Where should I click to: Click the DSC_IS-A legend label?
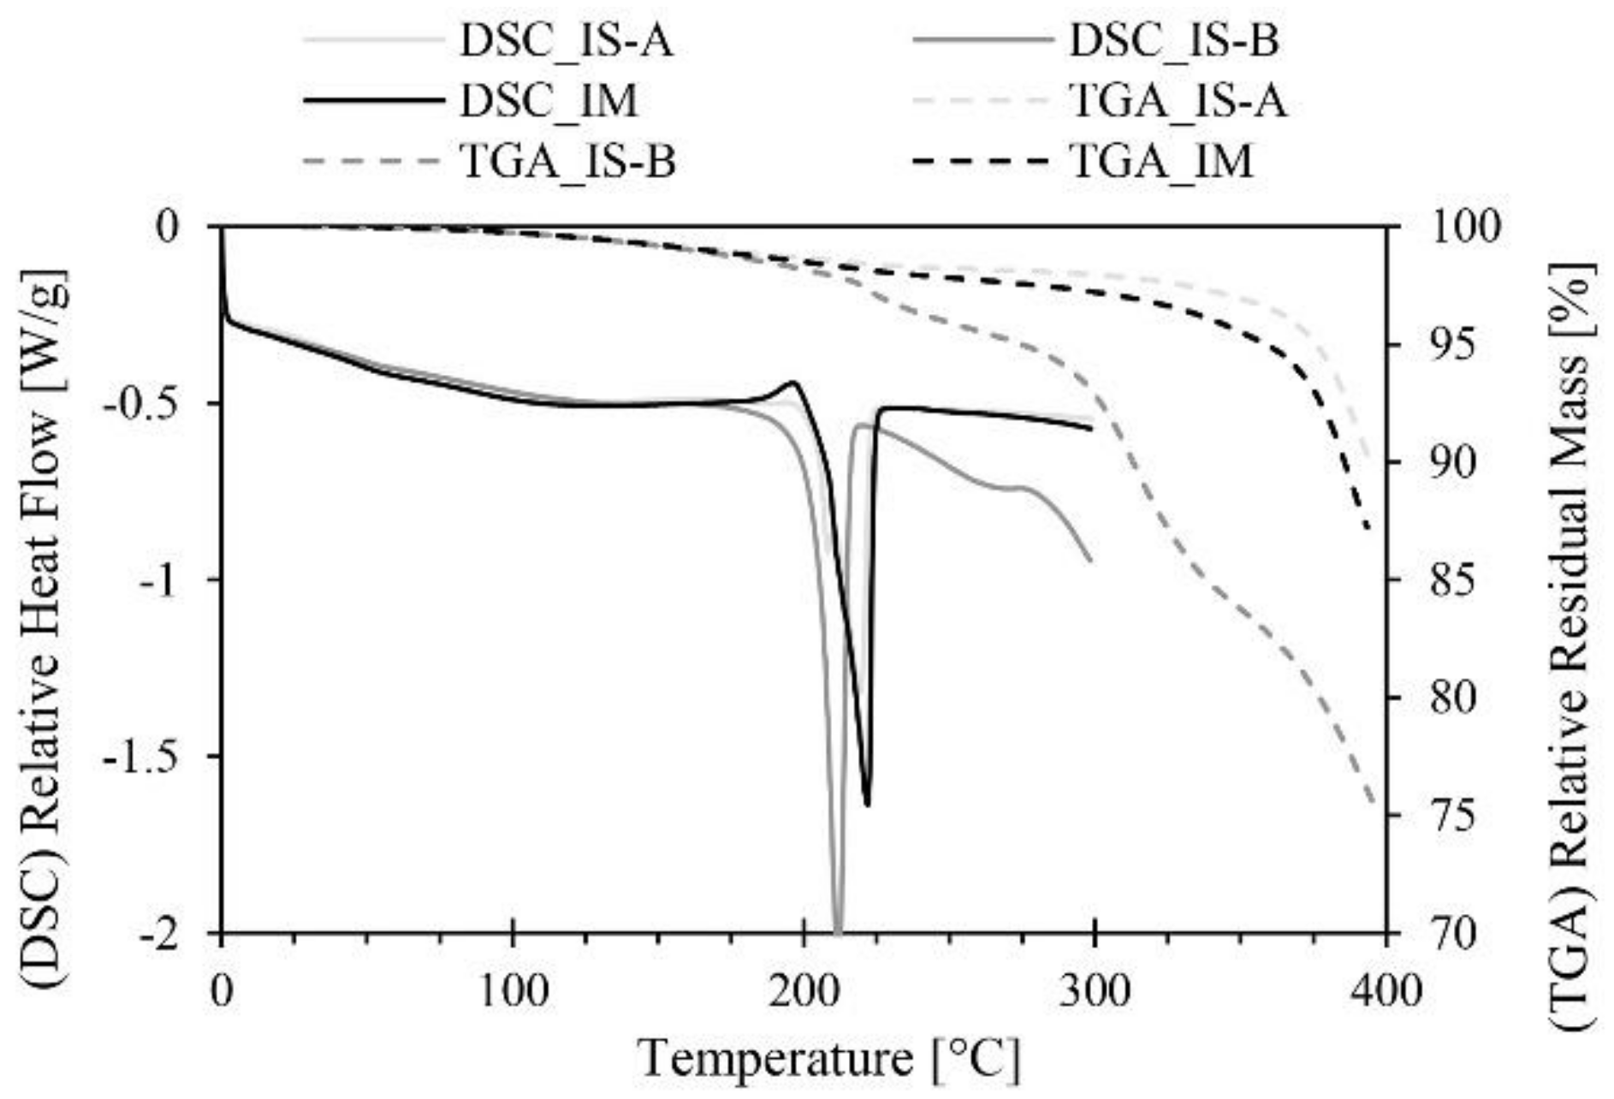point(566,41)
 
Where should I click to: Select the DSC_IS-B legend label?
point(1173,41)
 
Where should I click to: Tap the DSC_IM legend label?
point(549,101)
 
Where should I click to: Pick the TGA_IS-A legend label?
point(1178,101)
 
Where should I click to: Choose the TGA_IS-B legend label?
point(567,161)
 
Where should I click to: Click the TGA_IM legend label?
point(1161,161)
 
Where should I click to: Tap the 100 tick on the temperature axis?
point(512,991)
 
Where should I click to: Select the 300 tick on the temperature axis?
point(1094,991)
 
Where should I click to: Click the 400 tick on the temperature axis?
point(1385,991)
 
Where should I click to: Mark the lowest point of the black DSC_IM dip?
point(868,805)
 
